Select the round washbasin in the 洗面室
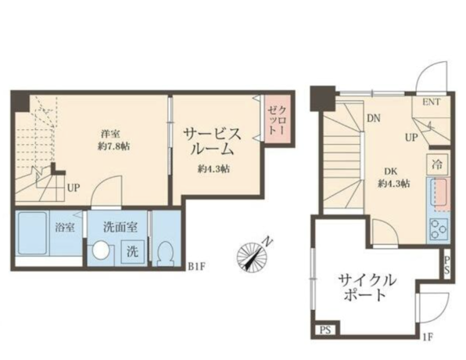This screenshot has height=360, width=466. pos(101,250)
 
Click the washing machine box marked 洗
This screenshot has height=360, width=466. pos(133,252)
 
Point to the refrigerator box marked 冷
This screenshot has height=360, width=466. pos(437,164)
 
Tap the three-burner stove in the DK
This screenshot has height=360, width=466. pos(439,229)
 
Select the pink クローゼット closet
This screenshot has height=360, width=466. pos(278,119)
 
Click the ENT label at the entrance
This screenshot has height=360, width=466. pos(432,102)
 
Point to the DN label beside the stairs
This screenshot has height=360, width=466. pos(373,119)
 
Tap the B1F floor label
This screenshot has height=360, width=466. pos(197,266)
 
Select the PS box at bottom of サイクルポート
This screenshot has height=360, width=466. pos(325,330)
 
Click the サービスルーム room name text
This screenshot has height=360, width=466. pos(212,142)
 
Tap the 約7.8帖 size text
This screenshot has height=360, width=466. pos(113,146)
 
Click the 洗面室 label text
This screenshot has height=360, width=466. pos(120,228)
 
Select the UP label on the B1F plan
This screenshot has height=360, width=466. pos(73,188)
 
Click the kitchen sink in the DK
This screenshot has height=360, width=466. pos(443,193)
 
